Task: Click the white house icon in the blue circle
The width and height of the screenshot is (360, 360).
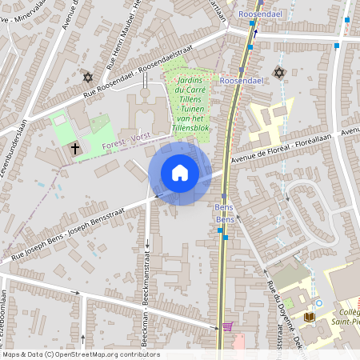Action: (x=180, y=173)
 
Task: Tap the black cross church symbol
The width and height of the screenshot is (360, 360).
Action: (x=75, y=148)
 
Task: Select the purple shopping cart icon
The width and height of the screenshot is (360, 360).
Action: (x=227, y=326)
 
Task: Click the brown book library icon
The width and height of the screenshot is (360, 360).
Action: (x=310, y=317)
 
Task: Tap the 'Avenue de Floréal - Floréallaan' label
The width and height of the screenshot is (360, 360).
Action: (x=296, y=148)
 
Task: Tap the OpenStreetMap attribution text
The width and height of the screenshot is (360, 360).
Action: (x=80, y=354)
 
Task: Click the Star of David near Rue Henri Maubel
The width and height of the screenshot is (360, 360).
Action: (x=88, y=77)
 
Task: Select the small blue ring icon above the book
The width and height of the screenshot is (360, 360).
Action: (x=318, y=303)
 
